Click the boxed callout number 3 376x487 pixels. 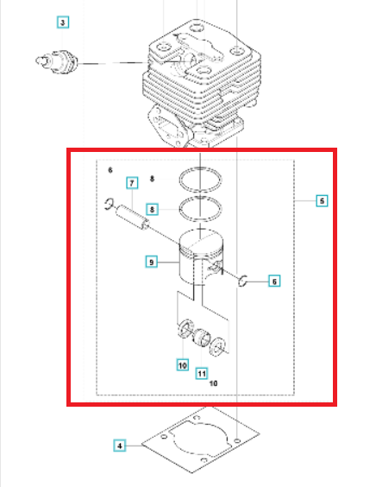(x=63, y=22)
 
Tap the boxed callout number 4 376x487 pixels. (x=120, y=446)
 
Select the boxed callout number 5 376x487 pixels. (x=322, y=201)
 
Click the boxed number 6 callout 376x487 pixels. (x=274, y=281)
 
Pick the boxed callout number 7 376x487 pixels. (x=132, y=183)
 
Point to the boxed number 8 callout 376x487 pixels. (x=152, y=209)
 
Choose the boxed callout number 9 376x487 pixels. (x=152, y=262)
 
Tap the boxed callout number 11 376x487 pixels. (x=202, y=373)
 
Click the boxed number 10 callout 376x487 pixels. (x=183, y=365)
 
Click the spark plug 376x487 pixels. (x=56, y=61)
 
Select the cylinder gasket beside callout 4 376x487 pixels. (x=200, y=440)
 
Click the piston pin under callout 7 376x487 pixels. (x=133, y=217)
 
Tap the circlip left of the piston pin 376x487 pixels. (x=109, y=204)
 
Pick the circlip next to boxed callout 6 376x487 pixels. (x=242, y=281)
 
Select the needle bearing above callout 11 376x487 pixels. (x=201, y=337)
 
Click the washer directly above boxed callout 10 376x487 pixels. (x=185, y=327)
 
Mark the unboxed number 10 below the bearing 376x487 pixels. (x=213, y=383)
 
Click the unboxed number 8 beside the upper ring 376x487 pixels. (x=152, y=179)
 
